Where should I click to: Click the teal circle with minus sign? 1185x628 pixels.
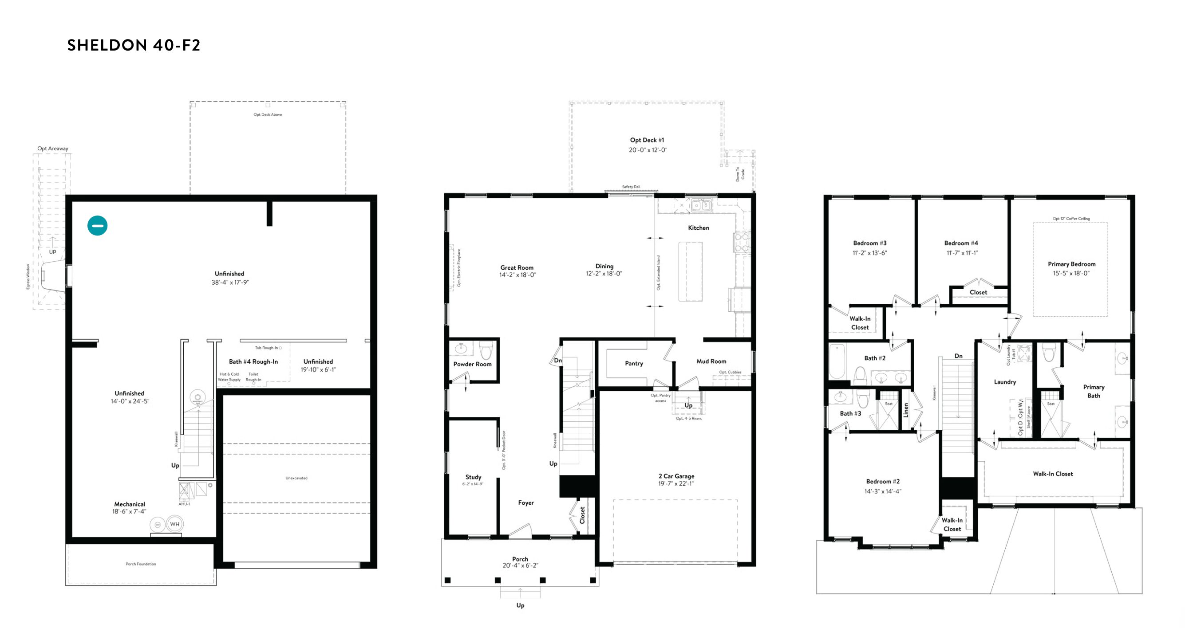[98, 226]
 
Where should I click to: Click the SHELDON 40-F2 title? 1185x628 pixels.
[134, 45]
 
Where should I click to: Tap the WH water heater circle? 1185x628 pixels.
[175, 524]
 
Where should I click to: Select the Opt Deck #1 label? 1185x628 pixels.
[647, 140]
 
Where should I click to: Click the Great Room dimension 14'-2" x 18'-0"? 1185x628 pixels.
[517, 275]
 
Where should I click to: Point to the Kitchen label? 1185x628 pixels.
[698, 228]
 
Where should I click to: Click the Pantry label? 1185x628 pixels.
[634, 364]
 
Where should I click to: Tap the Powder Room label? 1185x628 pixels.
[472, 364]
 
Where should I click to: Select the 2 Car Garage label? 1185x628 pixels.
[676, 476]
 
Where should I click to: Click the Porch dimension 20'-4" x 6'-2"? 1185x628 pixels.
[520, 566]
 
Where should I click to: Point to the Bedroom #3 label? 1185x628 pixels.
[870, 243]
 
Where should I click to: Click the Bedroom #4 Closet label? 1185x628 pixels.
[978, 292]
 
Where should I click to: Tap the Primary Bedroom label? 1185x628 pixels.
[1071, 264]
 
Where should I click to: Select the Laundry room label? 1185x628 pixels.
[1005, 382]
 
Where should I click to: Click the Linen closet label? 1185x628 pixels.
[906, 410]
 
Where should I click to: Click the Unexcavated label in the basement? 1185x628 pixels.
[296, 478]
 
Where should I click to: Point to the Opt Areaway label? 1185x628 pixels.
[52, 149]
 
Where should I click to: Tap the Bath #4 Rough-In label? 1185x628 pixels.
[253, 362]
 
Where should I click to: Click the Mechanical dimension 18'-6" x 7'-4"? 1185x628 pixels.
[129, 512]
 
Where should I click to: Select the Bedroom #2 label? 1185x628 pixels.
[883, 482]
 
